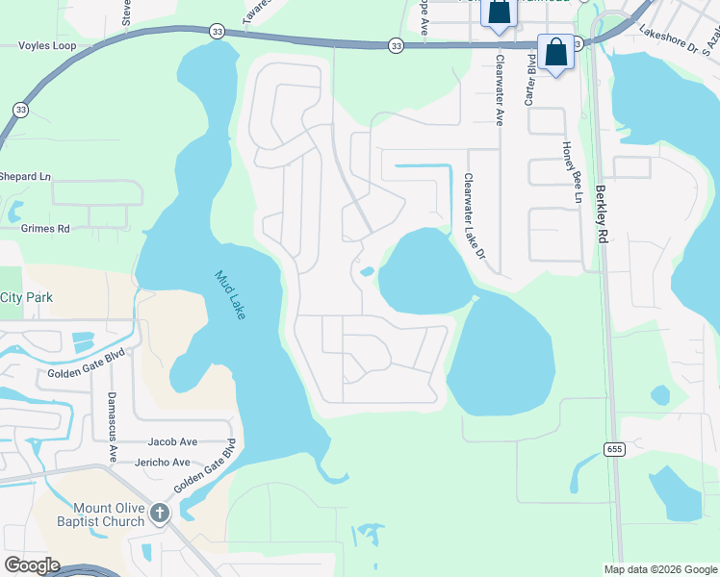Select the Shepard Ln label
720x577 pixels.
pos(24,177)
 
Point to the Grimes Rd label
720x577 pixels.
pos(44,229)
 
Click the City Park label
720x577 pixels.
pos(26,298)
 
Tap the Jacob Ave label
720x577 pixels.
pos(172,442)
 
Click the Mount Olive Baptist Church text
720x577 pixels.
pos(109,514)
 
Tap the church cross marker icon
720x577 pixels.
pos(160,514)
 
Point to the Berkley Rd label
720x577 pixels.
pos(602,213)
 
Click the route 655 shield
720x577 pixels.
pos(613,449)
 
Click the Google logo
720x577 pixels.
pos(33,564)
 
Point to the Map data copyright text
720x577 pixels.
pos(658,569)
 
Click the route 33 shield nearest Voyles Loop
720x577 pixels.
pos(20,110)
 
